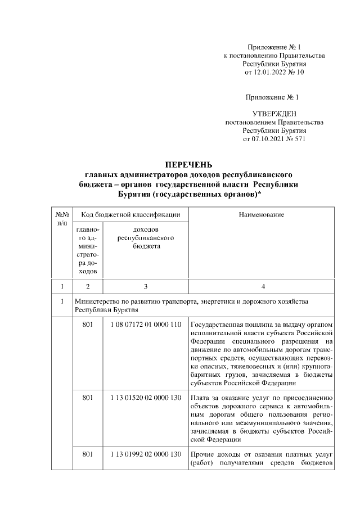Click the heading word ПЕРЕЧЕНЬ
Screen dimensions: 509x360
point(188,165)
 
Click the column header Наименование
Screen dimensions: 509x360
point(262,215)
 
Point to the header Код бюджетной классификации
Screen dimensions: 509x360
point(130,215)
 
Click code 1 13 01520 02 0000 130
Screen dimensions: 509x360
point(145,398)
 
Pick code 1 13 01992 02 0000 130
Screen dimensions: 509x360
point(145,454)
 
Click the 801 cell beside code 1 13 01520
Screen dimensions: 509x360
point(87,398)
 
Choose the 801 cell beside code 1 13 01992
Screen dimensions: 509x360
point(87,454)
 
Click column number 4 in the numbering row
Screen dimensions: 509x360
point(262,287)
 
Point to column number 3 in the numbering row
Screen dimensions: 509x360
point(145,287)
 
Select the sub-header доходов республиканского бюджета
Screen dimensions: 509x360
point(145,238)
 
